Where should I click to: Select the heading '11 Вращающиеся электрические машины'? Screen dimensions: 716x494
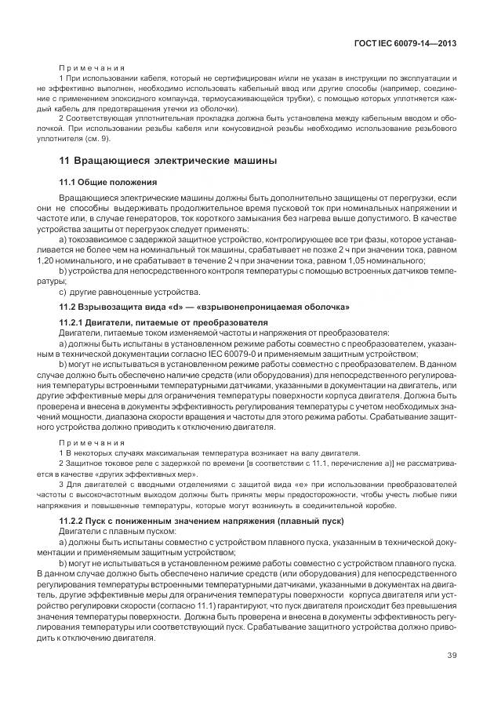169,162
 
